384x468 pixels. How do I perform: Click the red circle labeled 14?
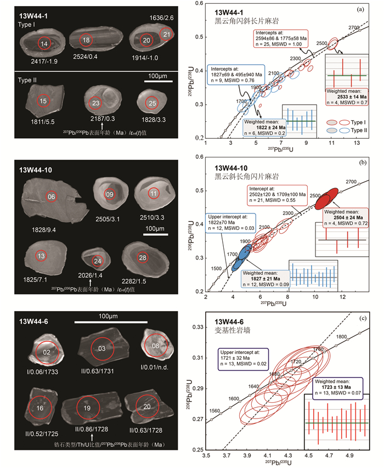[x=44, y=43]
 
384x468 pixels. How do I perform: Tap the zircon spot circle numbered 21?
[x=167, y=36]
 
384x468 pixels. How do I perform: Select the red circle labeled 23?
[x=95, y=102]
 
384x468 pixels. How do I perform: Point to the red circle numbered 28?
[x=143, y=258]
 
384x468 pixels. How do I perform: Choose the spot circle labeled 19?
[x=87, y=409]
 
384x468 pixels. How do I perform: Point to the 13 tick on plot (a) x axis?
[x=357, y=143]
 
